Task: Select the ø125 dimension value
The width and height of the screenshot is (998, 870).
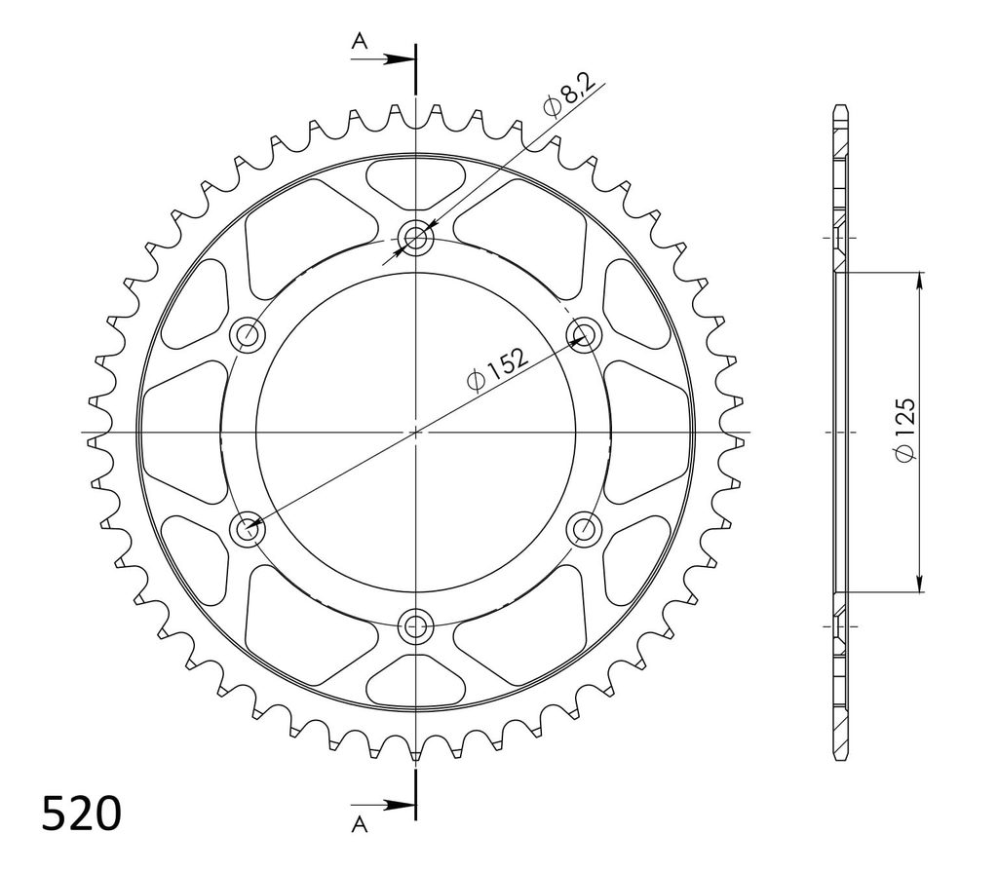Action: [905, 430]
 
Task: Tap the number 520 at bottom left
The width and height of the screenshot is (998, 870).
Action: [82, 813]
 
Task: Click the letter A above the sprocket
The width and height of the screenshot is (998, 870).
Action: [361, 41]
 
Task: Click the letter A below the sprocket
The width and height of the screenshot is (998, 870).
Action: [360, 825]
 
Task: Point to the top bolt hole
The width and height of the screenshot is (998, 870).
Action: [415, 239]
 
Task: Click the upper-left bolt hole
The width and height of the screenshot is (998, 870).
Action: [248, 335]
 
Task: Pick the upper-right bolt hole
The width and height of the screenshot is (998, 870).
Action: [584, 335]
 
